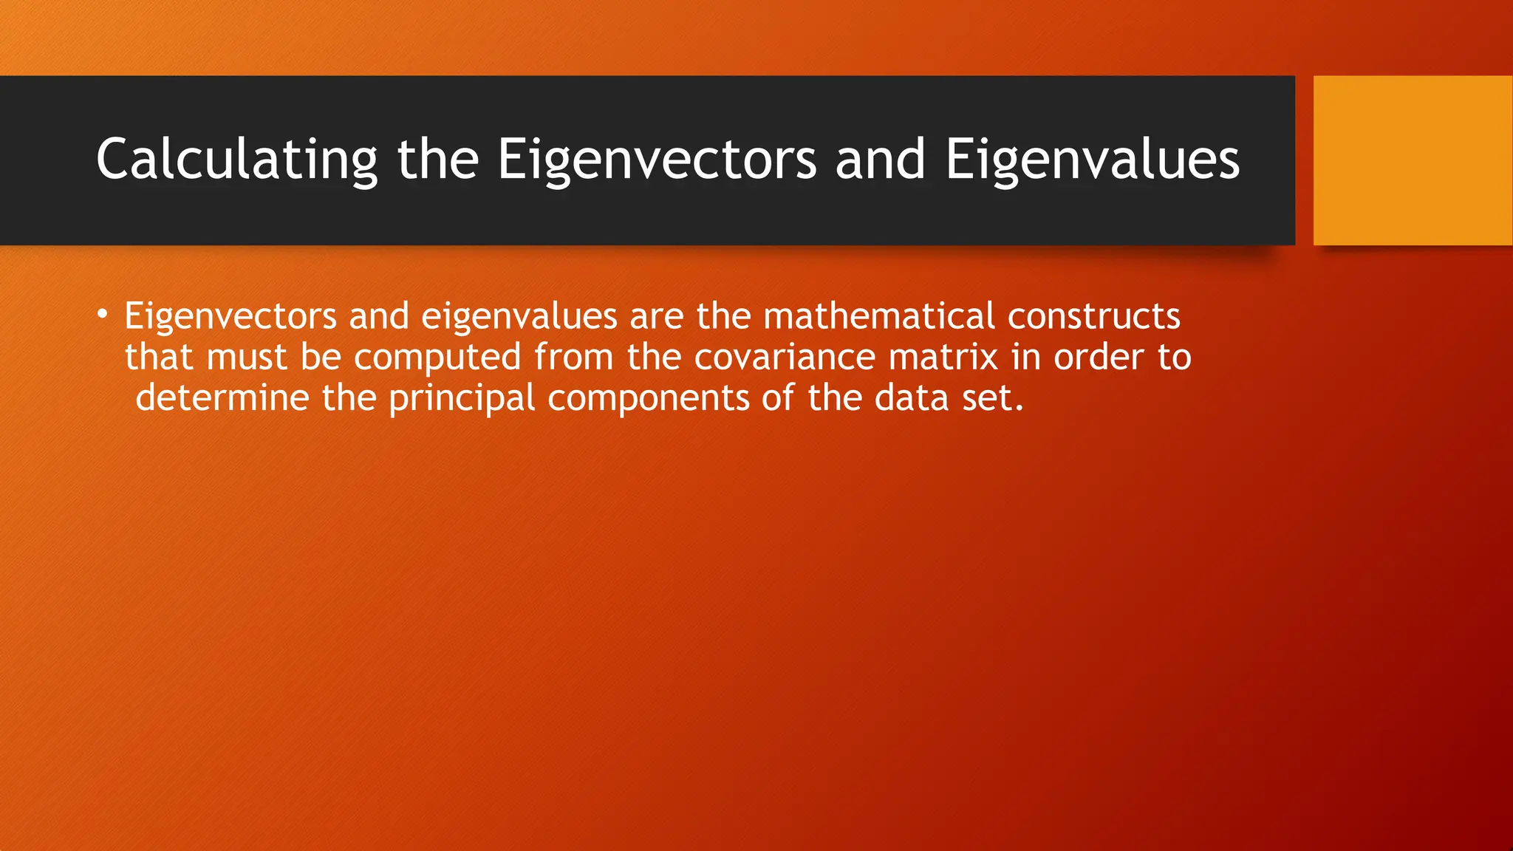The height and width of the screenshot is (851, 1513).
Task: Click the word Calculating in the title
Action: (236, 160)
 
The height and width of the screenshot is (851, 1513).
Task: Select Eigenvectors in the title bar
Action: (657, 160)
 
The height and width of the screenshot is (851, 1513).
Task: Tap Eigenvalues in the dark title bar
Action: (1092, 160)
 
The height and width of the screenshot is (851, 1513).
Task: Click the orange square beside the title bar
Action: (1413, 160)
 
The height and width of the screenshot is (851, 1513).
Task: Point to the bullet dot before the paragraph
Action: (103, 315)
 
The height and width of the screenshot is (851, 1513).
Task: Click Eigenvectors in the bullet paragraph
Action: (230, 316)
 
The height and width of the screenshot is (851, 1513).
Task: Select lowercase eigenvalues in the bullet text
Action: (519, 316)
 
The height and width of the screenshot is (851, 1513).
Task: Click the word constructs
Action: (1093, 316)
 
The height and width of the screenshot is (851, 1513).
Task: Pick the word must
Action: (247, 358)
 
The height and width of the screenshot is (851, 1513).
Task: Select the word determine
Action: (222, 398)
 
